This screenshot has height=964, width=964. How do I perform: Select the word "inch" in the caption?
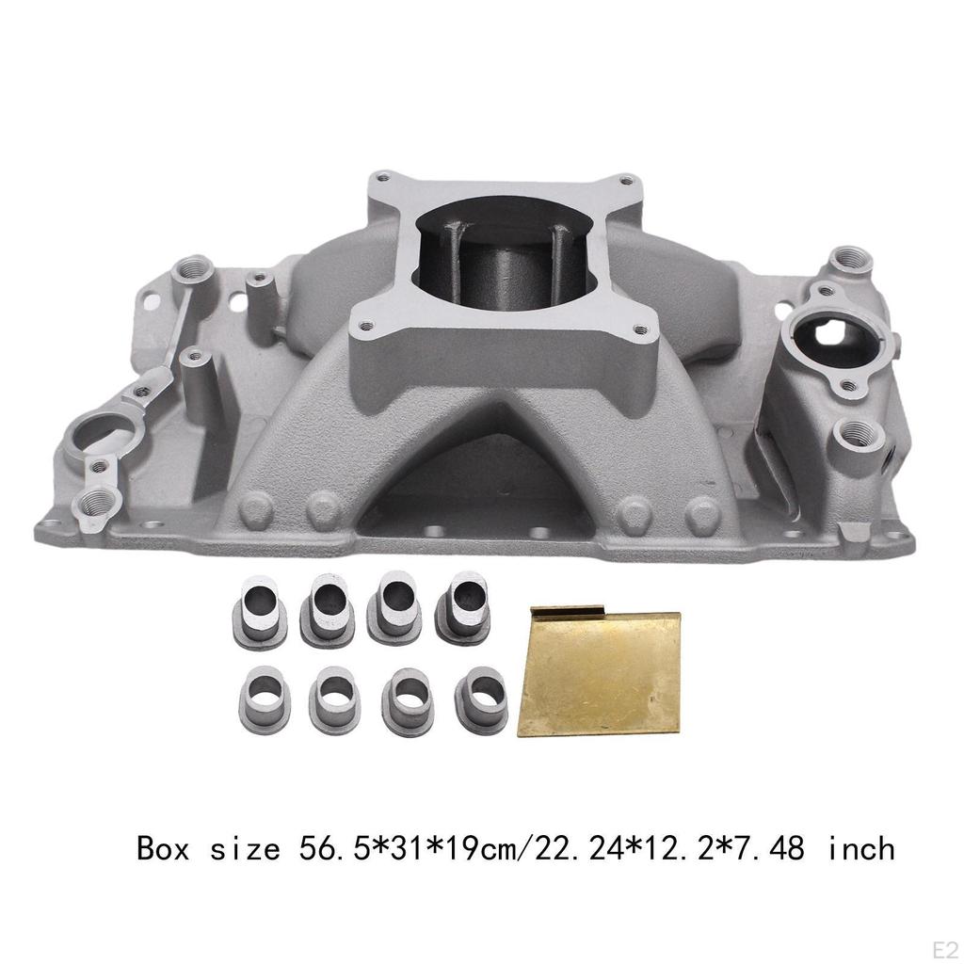(x=860, y=849)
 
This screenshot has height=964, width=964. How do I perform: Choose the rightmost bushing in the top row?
(x=462, y=606)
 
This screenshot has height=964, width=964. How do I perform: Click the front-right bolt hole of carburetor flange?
(x=641, y=329)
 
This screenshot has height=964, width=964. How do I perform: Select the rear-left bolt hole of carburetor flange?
(x=382, y=175)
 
